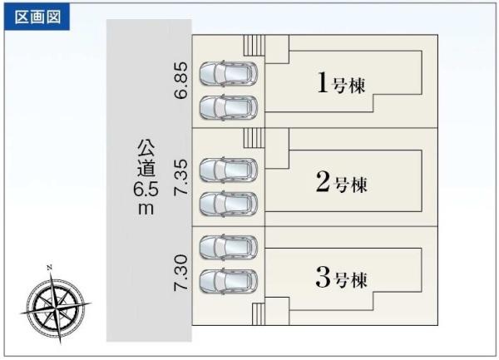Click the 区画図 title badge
click(x=37, y=17)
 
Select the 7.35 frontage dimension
click(x=181, y=177)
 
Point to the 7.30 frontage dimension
click(x=181, y=273)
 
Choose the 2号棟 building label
click(x=342, y=182)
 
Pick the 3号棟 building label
click(x=342, y=278)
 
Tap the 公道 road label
click(x=146, y=158)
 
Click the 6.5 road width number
click(x=146, y=190)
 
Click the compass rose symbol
click(x=56, y=305)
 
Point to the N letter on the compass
click(x=49, y=268)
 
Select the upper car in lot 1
click(x=229, y=74)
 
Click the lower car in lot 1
click(x=229, y=107)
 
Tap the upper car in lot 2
click(x=229, y=170)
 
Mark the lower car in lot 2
click(x=229, y=204)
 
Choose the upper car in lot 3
click(x=229, y=247)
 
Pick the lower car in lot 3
click(x=229, y=281)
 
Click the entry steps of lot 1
click(x=254, y=46)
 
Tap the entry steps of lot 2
click(x=254, y=138)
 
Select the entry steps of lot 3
click(x=259, y=314)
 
